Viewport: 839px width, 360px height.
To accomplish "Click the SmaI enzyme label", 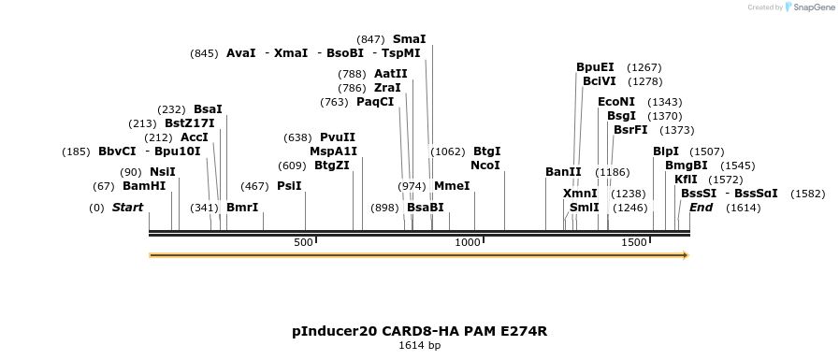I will (409, 39).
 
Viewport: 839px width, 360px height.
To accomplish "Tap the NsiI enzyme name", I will (163, 172).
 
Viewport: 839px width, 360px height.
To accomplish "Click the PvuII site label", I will (338, 137).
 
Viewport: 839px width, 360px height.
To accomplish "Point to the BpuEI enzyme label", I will (595, 67).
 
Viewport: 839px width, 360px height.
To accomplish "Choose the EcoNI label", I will (616, 102).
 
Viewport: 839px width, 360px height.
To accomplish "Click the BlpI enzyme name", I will (666, 151).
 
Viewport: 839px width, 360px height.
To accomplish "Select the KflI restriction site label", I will (686, 180).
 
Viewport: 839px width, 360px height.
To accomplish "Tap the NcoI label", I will (485, 166).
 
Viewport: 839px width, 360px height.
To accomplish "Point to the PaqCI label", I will (375, 102).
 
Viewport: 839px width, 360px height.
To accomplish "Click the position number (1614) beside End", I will (743, 208).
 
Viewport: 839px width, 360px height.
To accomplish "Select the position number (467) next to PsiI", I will (254, 186).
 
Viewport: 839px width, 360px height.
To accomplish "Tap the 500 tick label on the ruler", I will (303, 242).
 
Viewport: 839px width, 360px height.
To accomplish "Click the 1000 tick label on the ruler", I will (468, 242).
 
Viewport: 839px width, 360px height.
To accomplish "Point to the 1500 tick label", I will (634, 242).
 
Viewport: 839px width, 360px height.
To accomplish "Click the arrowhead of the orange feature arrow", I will (686, 255).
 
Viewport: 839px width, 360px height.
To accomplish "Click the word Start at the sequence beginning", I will (128, 208).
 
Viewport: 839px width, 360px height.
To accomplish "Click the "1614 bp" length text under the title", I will (419, 345).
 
